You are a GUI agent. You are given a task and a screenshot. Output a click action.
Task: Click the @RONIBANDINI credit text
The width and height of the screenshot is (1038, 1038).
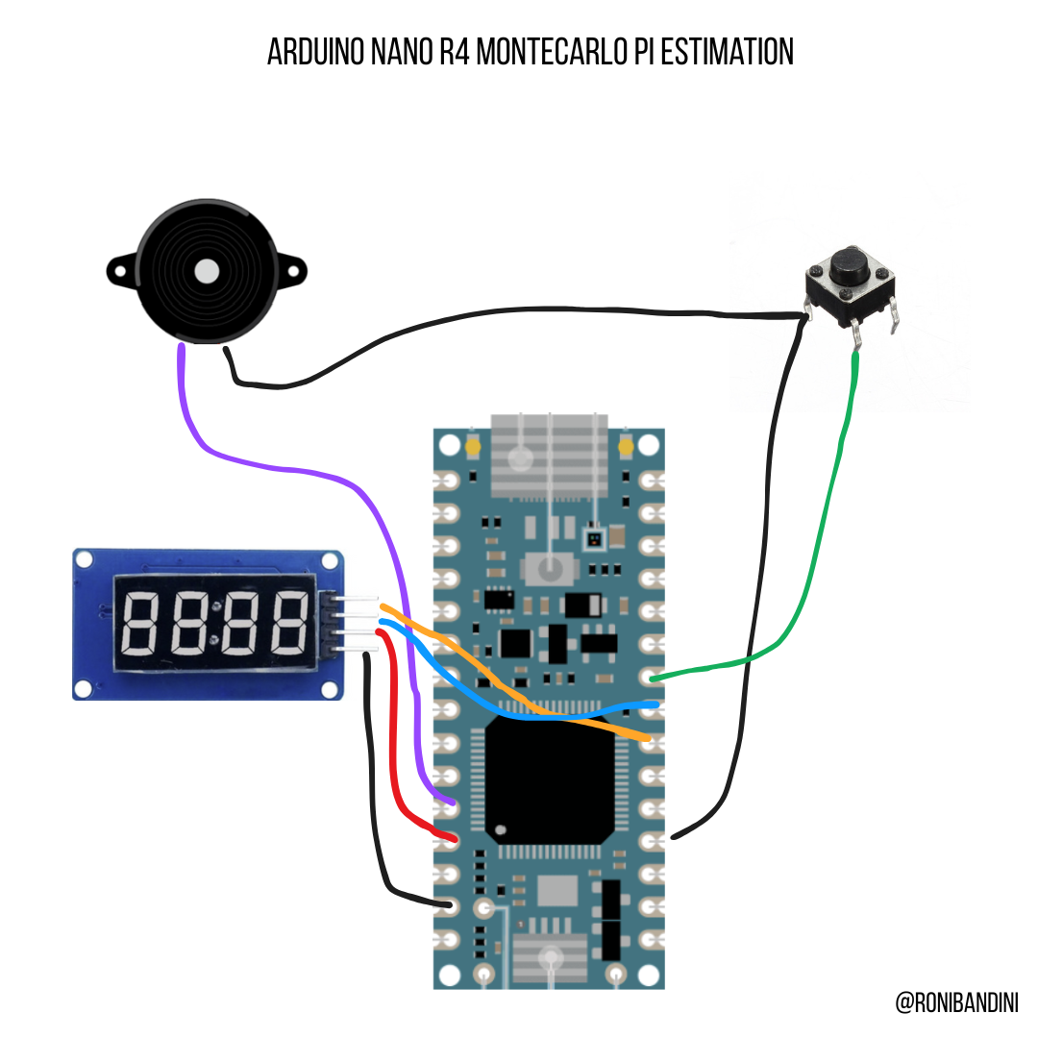pos(956,1002)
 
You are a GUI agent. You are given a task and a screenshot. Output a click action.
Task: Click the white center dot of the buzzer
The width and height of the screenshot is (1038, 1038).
pos(207,272)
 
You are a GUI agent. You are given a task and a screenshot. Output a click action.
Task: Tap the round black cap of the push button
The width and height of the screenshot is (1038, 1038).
pos(850,263)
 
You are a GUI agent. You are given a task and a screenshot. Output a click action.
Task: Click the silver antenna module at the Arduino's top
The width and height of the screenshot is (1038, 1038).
pos(550,457)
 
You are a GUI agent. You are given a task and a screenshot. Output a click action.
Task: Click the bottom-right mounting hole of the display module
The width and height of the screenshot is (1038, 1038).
pos(333,687)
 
